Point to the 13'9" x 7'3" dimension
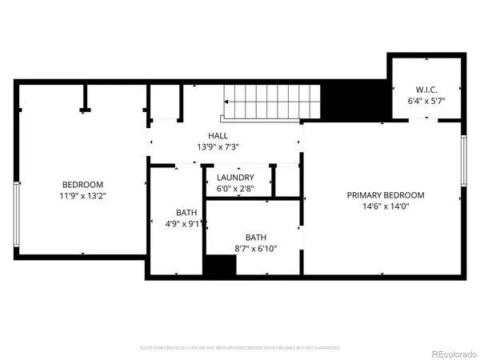point(218,147)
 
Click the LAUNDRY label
point(235,178)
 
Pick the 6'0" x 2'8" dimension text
point(235,189)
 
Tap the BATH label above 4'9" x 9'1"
point(186,213)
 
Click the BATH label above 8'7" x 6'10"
point(255,238)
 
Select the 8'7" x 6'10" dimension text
point(255,250)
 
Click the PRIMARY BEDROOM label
point(385,195)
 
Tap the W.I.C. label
point(425,89)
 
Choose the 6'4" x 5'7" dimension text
point(425,101)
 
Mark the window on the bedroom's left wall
point(15,214)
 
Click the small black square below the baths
point(217,266)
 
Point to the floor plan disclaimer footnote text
point(240,348)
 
